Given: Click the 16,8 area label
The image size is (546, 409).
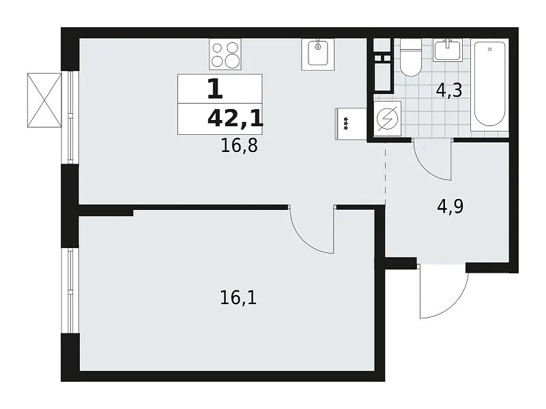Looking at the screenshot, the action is [240, 145].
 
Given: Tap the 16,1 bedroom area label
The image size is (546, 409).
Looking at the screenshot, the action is [238, 298].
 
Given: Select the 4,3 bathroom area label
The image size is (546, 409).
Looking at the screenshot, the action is [449, 91].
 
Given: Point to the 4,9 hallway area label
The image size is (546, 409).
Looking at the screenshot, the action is [450, 207].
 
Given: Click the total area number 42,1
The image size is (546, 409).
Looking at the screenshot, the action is [235, 119].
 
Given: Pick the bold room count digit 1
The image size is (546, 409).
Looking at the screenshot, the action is [215, 89].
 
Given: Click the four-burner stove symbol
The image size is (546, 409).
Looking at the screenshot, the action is [225, 55].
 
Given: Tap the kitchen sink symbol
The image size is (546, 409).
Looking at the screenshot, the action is [317, 55].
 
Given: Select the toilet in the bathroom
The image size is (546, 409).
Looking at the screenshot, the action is [411, 57].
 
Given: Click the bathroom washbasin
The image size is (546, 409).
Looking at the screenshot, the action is [448, 50].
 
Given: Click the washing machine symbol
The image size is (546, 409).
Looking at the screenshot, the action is [387, 118].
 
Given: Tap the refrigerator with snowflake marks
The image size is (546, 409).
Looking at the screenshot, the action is [351, 124].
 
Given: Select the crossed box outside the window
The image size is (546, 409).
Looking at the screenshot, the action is [44, 100].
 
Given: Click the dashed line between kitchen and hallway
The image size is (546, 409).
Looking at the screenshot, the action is [385, 174].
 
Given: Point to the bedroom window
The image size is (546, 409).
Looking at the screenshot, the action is [71, 291].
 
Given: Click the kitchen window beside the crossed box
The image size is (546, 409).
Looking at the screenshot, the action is [71, 117].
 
